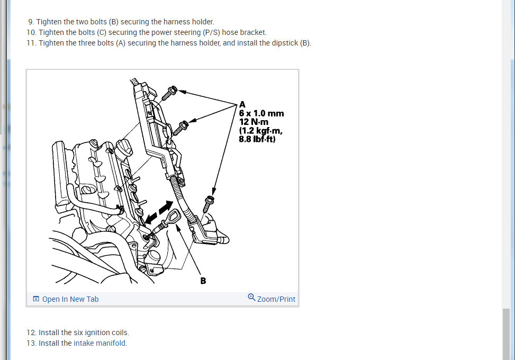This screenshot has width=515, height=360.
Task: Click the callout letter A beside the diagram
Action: (x=242, y=104)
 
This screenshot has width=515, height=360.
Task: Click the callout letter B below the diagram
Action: (x=203, y=281)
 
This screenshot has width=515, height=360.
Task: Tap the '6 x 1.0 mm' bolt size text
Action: (x=261, y=113)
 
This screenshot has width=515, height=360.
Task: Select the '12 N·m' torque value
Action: (x=254, y=122)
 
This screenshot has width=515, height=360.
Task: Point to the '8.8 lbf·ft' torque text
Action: (x=257, y=140)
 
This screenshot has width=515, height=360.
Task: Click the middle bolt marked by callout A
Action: (x=182, y=126)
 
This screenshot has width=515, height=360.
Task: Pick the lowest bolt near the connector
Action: (x=209, y=202)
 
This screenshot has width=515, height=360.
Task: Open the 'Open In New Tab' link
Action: (x=70, y=299)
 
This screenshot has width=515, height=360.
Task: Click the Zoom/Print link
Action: (x=276, y=299)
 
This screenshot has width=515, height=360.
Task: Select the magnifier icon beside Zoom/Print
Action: (x=251, y=298)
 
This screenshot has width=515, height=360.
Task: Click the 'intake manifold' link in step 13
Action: (x=100, y=343)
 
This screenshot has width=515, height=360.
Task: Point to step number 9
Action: (x=31, y=22)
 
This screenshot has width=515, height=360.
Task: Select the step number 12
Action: (x=31, y=332)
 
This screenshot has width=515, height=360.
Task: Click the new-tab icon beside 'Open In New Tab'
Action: (x=36, y=299)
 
